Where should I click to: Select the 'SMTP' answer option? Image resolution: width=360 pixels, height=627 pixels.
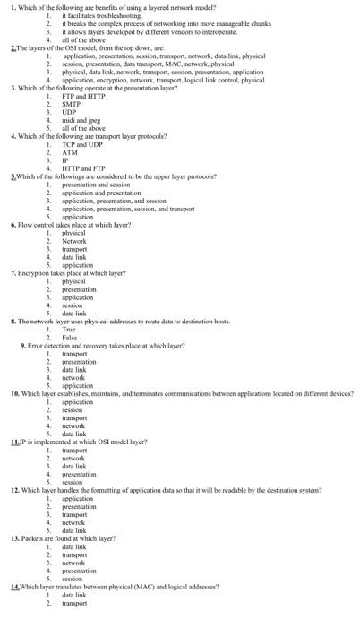72,103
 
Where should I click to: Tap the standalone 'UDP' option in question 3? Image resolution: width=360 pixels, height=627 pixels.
70,111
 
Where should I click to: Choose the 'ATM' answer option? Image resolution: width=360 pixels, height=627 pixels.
70,151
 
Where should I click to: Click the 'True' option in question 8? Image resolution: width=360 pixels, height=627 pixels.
69,329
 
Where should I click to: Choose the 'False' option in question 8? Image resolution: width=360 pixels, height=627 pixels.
69,337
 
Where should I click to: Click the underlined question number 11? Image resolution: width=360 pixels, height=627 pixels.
15,442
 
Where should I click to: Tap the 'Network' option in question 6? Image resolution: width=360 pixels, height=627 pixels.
74,240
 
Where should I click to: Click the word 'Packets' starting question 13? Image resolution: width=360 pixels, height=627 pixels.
33,538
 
